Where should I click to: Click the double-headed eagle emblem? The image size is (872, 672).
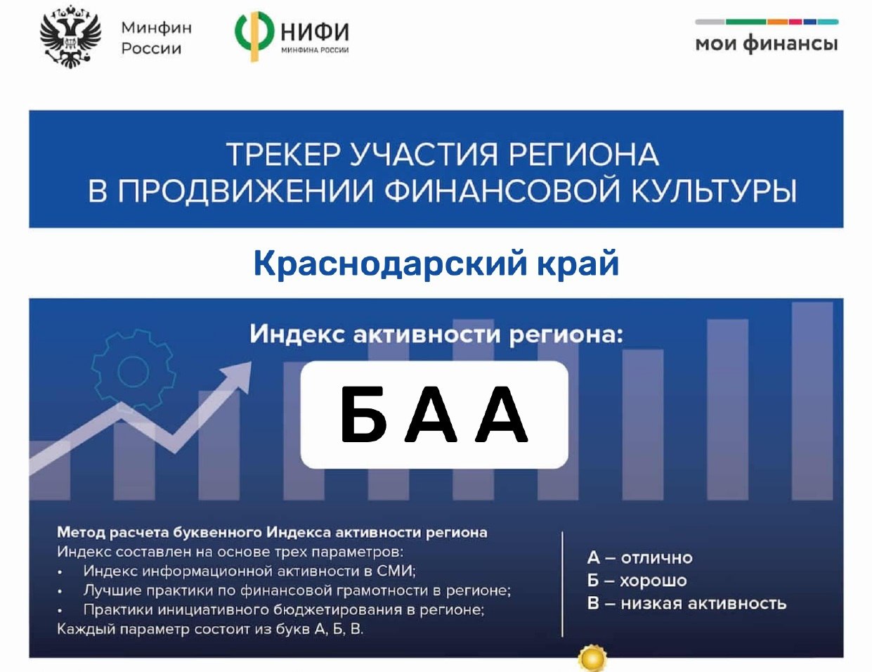coord(70,36)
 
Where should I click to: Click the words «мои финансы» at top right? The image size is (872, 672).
coord(767,44)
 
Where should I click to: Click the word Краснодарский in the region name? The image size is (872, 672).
coord(390,264)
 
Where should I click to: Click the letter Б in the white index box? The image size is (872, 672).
coord(363,415)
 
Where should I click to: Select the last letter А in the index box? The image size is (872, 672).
coord(502,415)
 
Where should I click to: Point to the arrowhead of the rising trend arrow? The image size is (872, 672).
coord(237,375)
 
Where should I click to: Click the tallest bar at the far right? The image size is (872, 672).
coord(812,401)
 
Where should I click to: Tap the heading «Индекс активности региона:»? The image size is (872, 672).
coord(436,334)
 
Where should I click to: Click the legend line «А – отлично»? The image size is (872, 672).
coord(640,557)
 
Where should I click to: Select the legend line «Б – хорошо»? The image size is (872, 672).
coord(637,581)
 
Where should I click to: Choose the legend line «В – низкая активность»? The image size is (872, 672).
coord(686,603)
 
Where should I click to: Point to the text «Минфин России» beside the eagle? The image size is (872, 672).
coord(157,38)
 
